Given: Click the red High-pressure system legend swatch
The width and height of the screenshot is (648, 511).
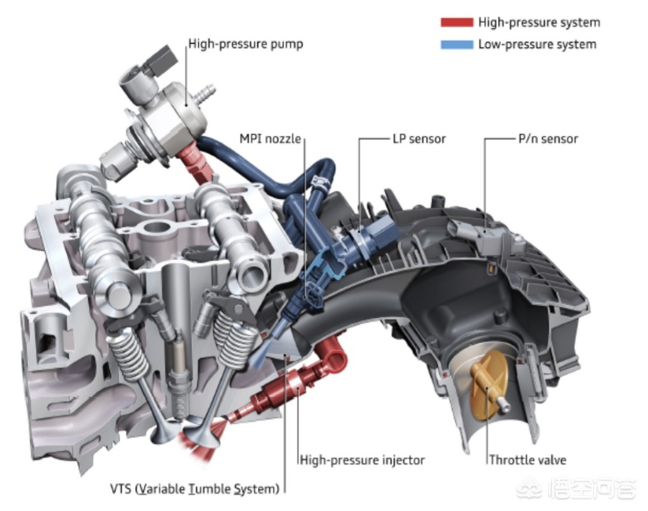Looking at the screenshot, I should [457, 23].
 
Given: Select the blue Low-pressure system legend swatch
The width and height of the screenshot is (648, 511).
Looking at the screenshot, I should [457, 44].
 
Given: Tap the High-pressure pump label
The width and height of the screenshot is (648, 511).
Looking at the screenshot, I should [246, 44].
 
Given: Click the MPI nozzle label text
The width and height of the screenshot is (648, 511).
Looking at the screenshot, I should [270, 139].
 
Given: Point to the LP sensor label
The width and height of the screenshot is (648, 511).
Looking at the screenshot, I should [418, 139].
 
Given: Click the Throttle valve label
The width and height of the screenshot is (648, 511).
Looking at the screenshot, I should [528, 460].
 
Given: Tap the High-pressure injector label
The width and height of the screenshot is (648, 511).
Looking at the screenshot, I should [362, 460].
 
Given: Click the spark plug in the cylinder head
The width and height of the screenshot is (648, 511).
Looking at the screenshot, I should [178, 376].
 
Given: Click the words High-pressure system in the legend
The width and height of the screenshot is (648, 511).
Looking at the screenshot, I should [539, 23].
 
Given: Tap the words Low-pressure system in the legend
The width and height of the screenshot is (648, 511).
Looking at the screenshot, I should [537, 44].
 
